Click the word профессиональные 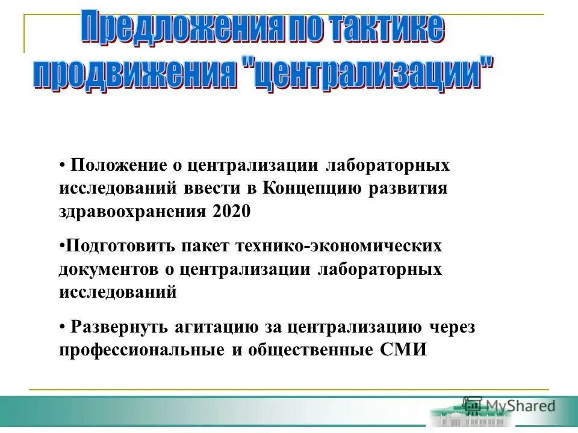click(x=141, y=351)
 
